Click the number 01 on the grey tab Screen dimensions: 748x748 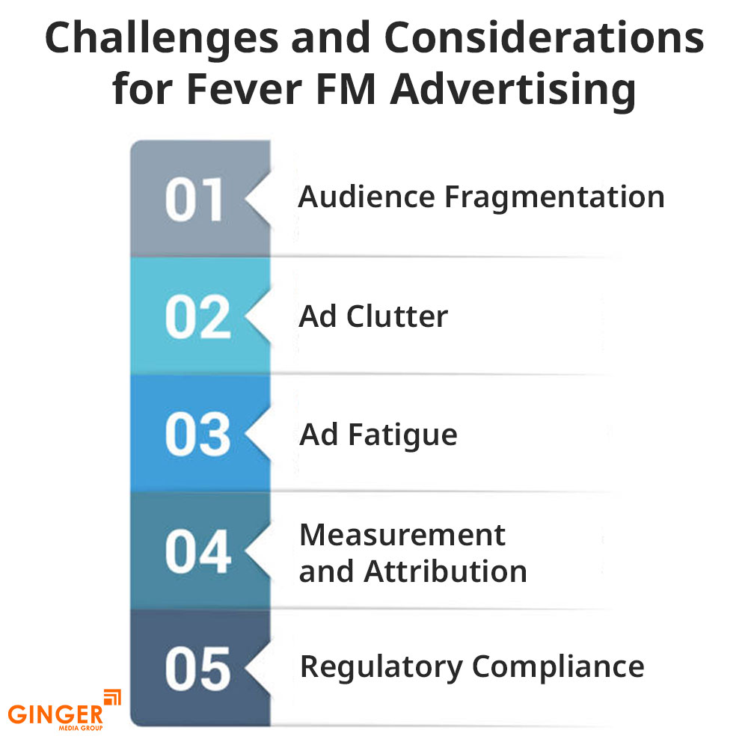(x=194, y=200)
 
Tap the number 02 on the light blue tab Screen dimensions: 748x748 (x=198, y=317)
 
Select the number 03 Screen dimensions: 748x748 (x=198, y=435)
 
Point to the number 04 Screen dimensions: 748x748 (x=198, y=552)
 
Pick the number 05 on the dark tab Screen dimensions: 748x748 (x=198, y=669)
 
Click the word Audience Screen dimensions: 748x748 (x=367, y=197)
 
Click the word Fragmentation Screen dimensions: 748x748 (x=554, y=197)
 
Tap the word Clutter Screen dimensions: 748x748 (x=397, y=316)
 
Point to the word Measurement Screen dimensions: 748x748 (x=402, y=535)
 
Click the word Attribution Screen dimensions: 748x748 (x=445, y=571)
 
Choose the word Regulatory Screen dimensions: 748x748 (x=381, y=668)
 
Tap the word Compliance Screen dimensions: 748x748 (x=558, y=668)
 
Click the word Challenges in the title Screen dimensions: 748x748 (x=162, y=39)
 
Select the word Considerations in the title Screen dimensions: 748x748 (x=544, y=37)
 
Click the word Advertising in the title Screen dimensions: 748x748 (x=513, y=91)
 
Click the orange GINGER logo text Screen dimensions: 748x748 (x=55, y=714)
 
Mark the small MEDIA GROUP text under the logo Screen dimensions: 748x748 (x=81, y=728)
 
